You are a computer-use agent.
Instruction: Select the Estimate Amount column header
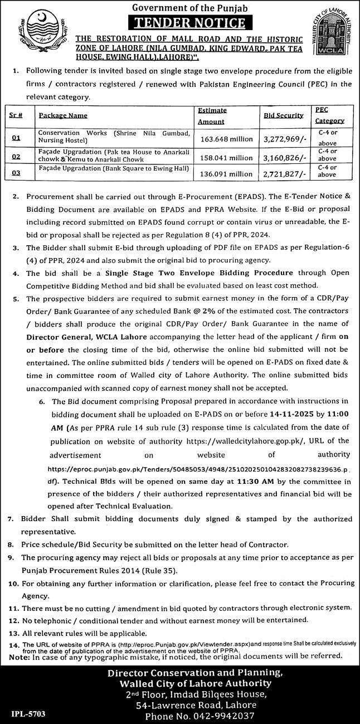click(212, 116)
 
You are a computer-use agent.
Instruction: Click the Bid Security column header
click(284, 115)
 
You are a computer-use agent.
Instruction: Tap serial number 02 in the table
click(16, 158)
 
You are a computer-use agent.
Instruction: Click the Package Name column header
click(63, 115)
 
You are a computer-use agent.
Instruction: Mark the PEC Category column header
click(329, 115)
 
